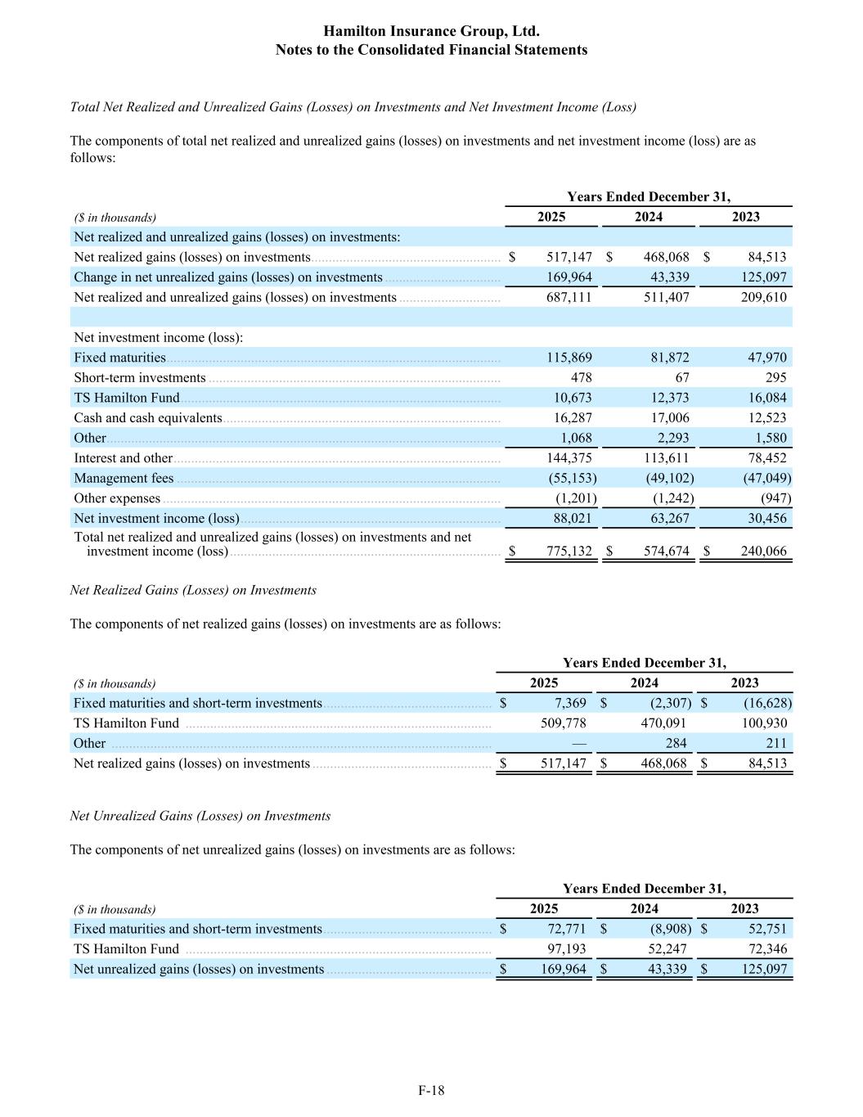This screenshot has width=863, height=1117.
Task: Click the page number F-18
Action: coord(431,1090)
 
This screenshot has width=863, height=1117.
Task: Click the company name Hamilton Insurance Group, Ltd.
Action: coord(431,31)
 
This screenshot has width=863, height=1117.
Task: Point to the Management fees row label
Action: coord(124,478)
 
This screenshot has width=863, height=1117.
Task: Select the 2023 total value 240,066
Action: coord(763,552)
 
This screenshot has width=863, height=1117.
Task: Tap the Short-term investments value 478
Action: coord(581,377)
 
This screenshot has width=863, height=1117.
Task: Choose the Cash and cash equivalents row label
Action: coord(147,418)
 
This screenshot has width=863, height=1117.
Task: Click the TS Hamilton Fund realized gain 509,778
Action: coord(564,723)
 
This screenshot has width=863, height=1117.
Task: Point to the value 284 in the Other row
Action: coord(676,743)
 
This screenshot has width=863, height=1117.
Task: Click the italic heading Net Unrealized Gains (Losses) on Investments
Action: coord(200,816)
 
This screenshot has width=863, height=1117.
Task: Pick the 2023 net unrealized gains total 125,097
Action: coord(764,970)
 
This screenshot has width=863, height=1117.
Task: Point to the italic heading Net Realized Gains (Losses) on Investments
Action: coord(193,590)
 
